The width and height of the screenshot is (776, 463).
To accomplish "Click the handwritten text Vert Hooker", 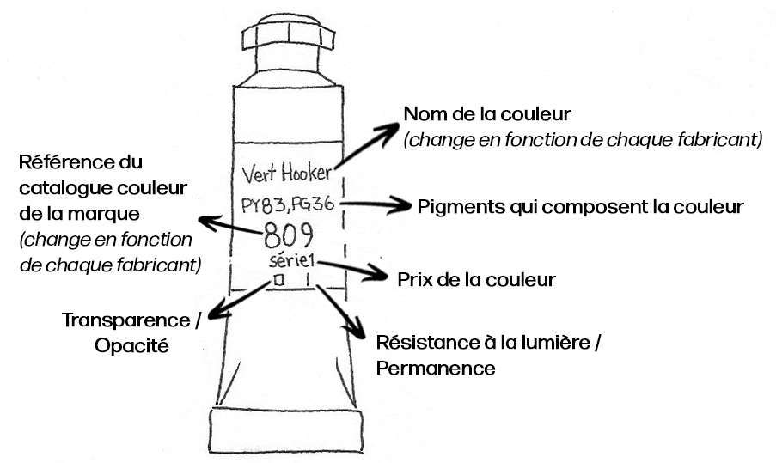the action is click(286, 174).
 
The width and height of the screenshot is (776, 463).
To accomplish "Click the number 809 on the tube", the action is click(288, 235).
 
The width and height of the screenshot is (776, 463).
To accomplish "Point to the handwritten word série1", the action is click(292, 259).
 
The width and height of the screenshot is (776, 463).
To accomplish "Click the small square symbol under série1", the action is click(279, 280).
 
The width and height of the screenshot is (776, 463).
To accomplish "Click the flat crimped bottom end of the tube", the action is click(286, 429).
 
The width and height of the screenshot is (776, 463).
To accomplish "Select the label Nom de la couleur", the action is click(487, 114).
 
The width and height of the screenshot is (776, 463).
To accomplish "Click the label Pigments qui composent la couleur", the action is click(581, 207).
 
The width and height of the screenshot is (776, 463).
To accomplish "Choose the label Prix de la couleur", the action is click(477, 279).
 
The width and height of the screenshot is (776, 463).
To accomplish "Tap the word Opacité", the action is click(131, 345).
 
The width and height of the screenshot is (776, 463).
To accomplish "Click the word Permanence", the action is click(436, 368).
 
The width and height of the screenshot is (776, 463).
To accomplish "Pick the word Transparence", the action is click(126, 320).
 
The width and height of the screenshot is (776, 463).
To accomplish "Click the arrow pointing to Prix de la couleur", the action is click(352, 271).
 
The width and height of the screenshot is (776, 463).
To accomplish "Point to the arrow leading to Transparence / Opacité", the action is click(240, 300).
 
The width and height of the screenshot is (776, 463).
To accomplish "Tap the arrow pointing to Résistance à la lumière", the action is click(341, 312).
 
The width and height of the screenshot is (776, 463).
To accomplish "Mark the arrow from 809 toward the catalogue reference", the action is click(231, 226).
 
